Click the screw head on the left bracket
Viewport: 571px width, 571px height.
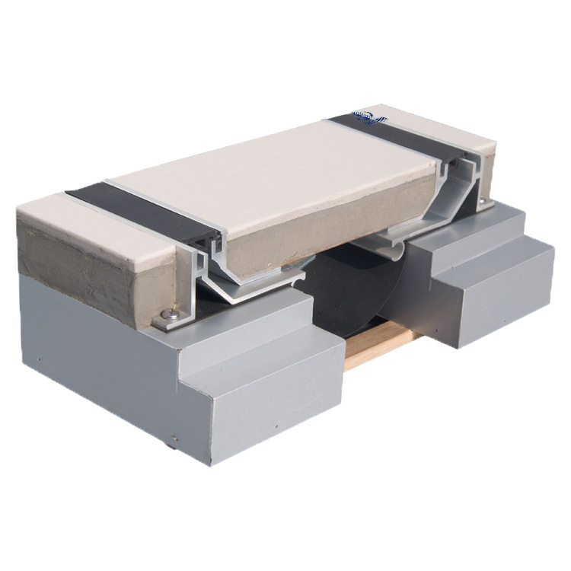[171, 312]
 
